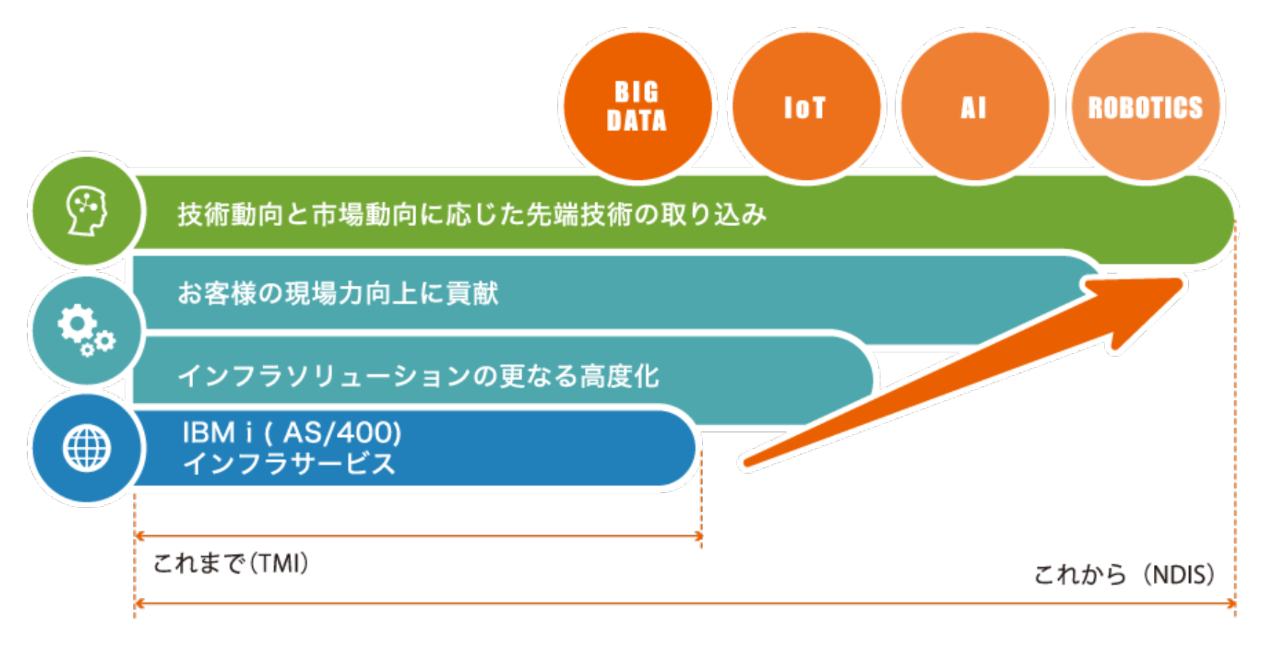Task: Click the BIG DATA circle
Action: [637, 106]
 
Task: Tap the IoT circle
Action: [806, 106]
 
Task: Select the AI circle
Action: [975, 106]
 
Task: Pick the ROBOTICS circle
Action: [1145, 106]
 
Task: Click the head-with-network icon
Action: [86, 211]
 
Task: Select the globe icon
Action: [86, 448]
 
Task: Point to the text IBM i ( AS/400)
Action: [292, 433]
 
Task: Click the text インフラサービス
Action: [289, 464]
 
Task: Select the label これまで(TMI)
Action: [231, 563]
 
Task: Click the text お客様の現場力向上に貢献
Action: [338, 293]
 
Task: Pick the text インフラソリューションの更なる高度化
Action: [419, 376]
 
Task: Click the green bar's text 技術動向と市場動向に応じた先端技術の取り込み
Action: [472, 214]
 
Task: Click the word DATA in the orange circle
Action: [637, 121]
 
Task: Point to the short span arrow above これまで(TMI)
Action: [418, 536]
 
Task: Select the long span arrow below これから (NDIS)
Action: [685, 604]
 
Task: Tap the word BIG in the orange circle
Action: [637, 92]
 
